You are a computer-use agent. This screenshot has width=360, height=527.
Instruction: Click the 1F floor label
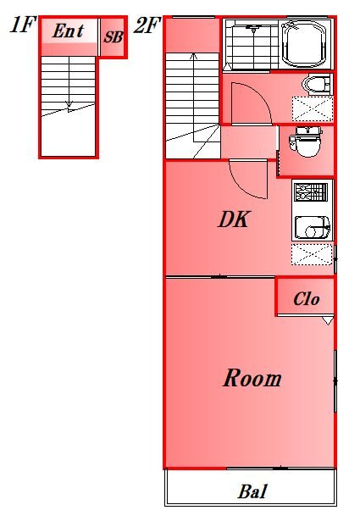(22, 25)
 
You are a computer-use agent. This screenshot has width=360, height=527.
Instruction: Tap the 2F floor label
(146, 25)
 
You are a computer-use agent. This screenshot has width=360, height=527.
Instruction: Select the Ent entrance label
(68, 31)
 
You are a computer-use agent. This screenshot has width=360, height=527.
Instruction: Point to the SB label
(114, 36)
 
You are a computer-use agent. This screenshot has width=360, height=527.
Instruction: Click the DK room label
(234, 219)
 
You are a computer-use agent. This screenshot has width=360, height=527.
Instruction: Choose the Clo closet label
(307, 299)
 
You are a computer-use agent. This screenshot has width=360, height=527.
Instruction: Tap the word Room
(252, 378)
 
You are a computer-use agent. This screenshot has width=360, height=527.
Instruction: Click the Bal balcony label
(252, 491)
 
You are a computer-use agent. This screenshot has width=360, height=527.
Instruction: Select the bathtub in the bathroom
(305, 44)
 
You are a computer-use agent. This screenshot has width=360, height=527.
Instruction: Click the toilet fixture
(307, 141)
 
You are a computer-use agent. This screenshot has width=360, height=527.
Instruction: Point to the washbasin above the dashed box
(316, 84)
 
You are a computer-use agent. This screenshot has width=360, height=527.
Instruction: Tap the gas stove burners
(311, 192)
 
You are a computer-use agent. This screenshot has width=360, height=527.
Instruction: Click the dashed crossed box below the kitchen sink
(312, 254)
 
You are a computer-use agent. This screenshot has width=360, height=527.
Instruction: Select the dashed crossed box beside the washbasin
(313, 108)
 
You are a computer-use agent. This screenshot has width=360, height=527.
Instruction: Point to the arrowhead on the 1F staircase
(69, 104)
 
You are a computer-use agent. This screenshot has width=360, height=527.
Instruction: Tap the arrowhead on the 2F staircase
(193, 56)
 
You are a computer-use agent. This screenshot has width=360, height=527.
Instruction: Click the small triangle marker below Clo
(328, 320)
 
